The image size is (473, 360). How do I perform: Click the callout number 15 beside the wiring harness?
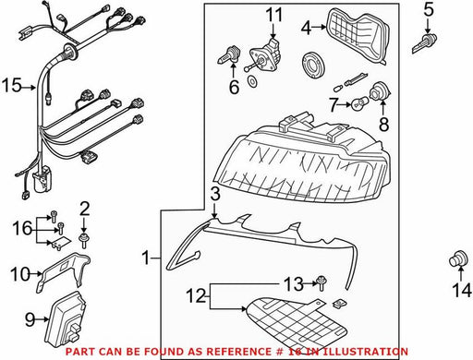[12, 85]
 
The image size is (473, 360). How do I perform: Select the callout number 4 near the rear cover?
[306, 28]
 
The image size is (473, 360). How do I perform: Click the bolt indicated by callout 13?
[321, 282]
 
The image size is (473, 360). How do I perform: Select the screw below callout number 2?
[83, 241]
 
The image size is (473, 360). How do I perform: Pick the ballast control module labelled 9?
[66, 321]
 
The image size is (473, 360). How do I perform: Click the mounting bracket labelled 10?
[62, 270]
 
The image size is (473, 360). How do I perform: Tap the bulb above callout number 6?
[228, 55]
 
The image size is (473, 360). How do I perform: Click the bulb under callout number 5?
[425, 43]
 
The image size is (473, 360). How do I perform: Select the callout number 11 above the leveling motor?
[274, 15]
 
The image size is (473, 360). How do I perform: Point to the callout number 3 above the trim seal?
[215, 195]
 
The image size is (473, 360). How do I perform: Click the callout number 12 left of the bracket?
[196, 295]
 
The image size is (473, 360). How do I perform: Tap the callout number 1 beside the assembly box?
[146, 258]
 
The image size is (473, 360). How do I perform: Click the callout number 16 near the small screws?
[22, 228]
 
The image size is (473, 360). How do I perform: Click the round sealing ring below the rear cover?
[313, 65]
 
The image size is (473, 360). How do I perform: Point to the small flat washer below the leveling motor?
[252, 81]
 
